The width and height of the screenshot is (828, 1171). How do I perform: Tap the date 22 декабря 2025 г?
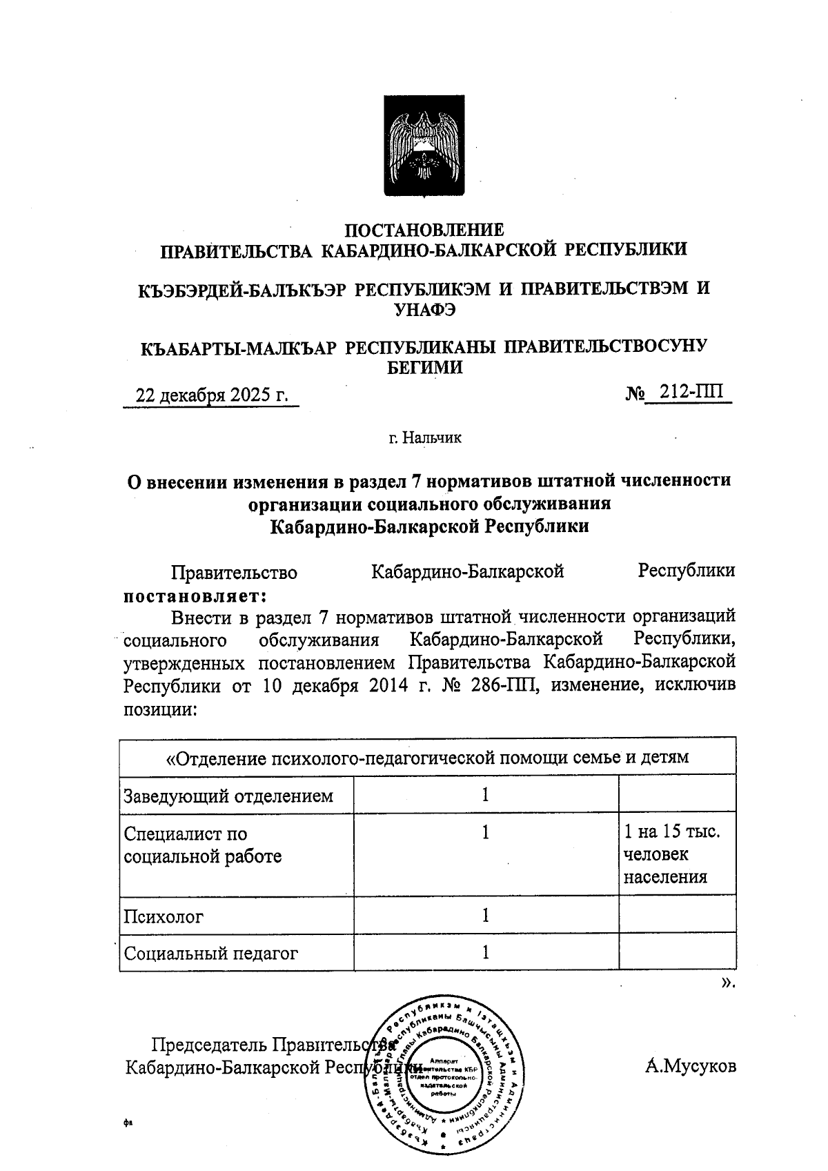[211, 395]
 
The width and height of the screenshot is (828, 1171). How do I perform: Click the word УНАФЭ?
[424, 310]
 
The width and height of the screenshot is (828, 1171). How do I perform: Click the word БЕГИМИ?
[424, 368]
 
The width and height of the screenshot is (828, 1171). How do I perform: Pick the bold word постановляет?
[195, 594]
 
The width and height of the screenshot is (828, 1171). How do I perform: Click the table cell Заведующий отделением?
[228, 796]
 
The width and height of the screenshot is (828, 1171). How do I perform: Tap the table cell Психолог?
[164, 916]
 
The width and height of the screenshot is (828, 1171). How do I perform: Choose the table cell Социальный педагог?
[210, 954]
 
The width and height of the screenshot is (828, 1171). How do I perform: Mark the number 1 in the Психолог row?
[486, 916]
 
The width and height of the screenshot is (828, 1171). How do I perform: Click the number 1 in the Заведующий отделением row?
[486, 795]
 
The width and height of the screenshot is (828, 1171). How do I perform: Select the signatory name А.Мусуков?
[691, 1066]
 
